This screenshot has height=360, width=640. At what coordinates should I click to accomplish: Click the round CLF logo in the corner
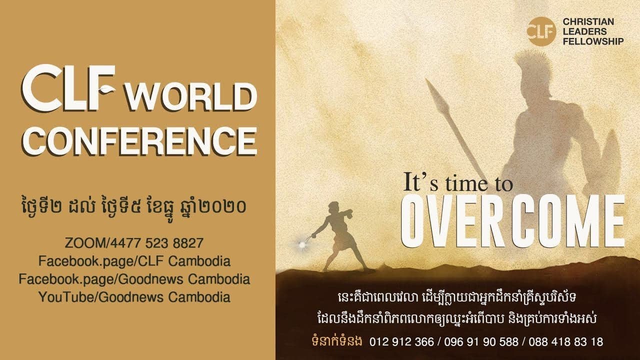(x=541, y=31)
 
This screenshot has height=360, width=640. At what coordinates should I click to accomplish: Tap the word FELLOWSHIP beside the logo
(x=593, y=41)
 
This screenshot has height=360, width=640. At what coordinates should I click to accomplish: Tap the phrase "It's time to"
(x=458, y=183)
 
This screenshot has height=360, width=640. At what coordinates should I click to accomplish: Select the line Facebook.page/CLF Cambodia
(x=134, y=261)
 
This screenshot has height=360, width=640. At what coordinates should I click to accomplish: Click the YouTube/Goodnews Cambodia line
(x=134, y=296)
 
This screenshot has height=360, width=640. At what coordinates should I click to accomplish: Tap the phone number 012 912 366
(x=401, y=342)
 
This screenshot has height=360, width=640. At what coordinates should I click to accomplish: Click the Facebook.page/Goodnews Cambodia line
(x=134, y=278)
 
